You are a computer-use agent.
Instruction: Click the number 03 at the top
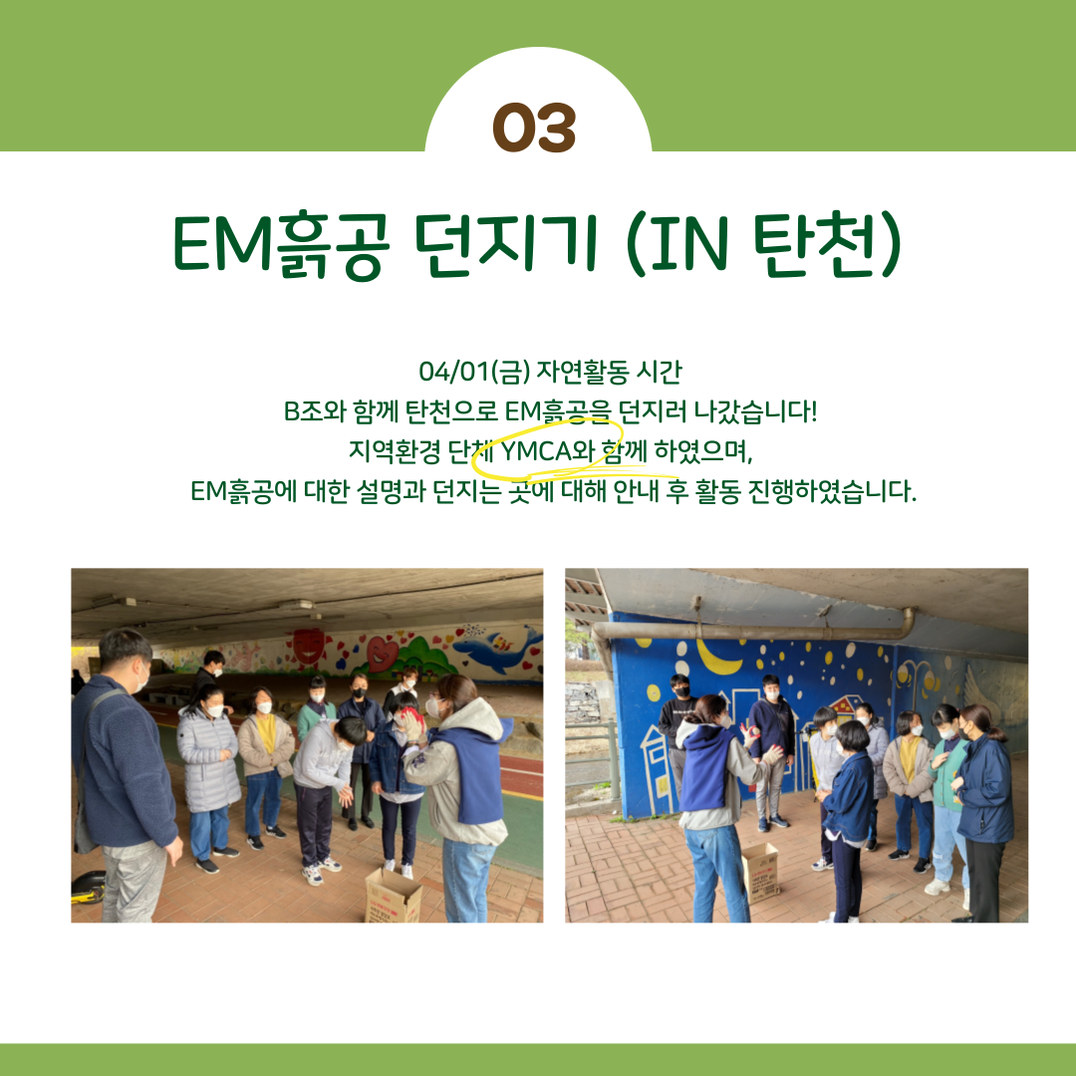coord(534,128)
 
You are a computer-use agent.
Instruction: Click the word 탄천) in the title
coord(828,245)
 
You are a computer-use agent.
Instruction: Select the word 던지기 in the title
coord(506,245)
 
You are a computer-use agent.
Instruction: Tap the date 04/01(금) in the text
coord(474,372)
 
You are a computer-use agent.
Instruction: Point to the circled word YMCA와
coord(547,451)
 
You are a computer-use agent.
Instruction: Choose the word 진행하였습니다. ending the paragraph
coord(831,491)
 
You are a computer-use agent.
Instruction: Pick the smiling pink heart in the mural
coord(382,653)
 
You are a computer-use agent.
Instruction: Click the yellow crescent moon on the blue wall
coord(717,658)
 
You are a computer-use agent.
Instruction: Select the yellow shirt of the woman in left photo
coord(266,732)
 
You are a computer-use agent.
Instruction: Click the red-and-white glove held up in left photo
coord(410,722)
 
